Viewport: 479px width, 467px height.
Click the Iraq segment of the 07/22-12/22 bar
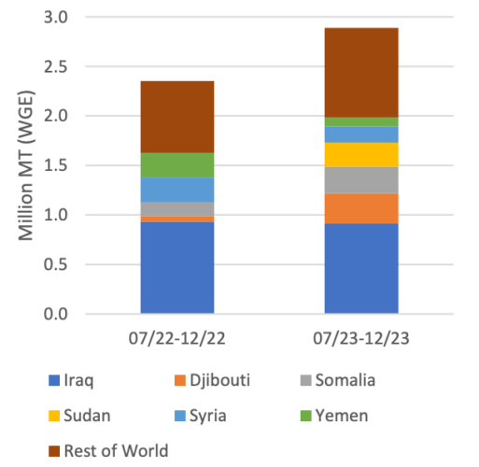click(177, 267)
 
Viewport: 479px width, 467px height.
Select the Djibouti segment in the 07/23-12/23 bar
click(361, 208)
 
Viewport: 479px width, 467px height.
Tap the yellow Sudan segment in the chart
click(361, 155)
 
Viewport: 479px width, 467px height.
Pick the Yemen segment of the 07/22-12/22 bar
click(177, 165)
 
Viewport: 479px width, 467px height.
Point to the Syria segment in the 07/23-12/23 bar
click(361, 134)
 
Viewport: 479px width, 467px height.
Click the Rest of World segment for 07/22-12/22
click(177, 117)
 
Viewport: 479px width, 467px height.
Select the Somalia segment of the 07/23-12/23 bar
click(361, 180)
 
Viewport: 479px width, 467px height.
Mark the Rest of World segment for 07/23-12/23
click(361, 73)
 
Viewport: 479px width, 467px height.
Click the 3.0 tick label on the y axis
click(56, 17)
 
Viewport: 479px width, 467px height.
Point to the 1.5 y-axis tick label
click(56, 165)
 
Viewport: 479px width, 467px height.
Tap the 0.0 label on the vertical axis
click(56, 314)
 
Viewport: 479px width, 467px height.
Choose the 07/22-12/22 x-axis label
click(177, 338)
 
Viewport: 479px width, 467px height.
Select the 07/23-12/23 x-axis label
click(361, 338)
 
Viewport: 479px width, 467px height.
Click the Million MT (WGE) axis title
click(26, 165)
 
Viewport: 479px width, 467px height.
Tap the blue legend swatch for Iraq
click(54, 380)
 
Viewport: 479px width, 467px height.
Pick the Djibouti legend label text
click(219, 381)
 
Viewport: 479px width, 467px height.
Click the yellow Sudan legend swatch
click(54, 416)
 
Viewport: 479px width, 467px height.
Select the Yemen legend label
click(342, 416)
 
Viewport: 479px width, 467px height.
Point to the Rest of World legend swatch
click(54, 451)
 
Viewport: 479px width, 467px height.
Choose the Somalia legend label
click(345, 380)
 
